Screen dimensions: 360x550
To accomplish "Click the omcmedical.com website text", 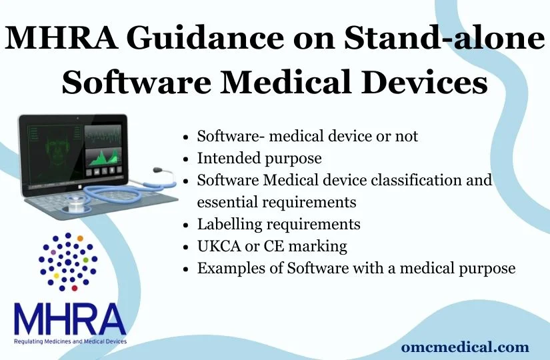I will point(465,347).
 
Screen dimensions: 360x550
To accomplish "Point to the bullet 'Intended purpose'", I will point(259,158).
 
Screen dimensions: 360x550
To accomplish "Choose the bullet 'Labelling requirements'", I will point(279,223).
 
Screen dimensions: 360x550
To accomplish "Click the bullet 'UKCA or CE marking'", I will point(272,245).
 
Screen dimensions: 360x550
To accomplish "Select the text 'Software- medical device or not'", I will point(307,136).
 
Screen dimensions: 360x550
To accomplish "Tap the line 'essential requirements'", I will point(277,201).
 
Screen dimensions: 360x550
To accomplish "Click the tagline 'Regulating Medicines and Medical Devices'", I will point(69,341).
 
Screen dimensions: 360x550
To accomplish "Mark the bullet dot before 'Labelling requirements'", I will point(187,224).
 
